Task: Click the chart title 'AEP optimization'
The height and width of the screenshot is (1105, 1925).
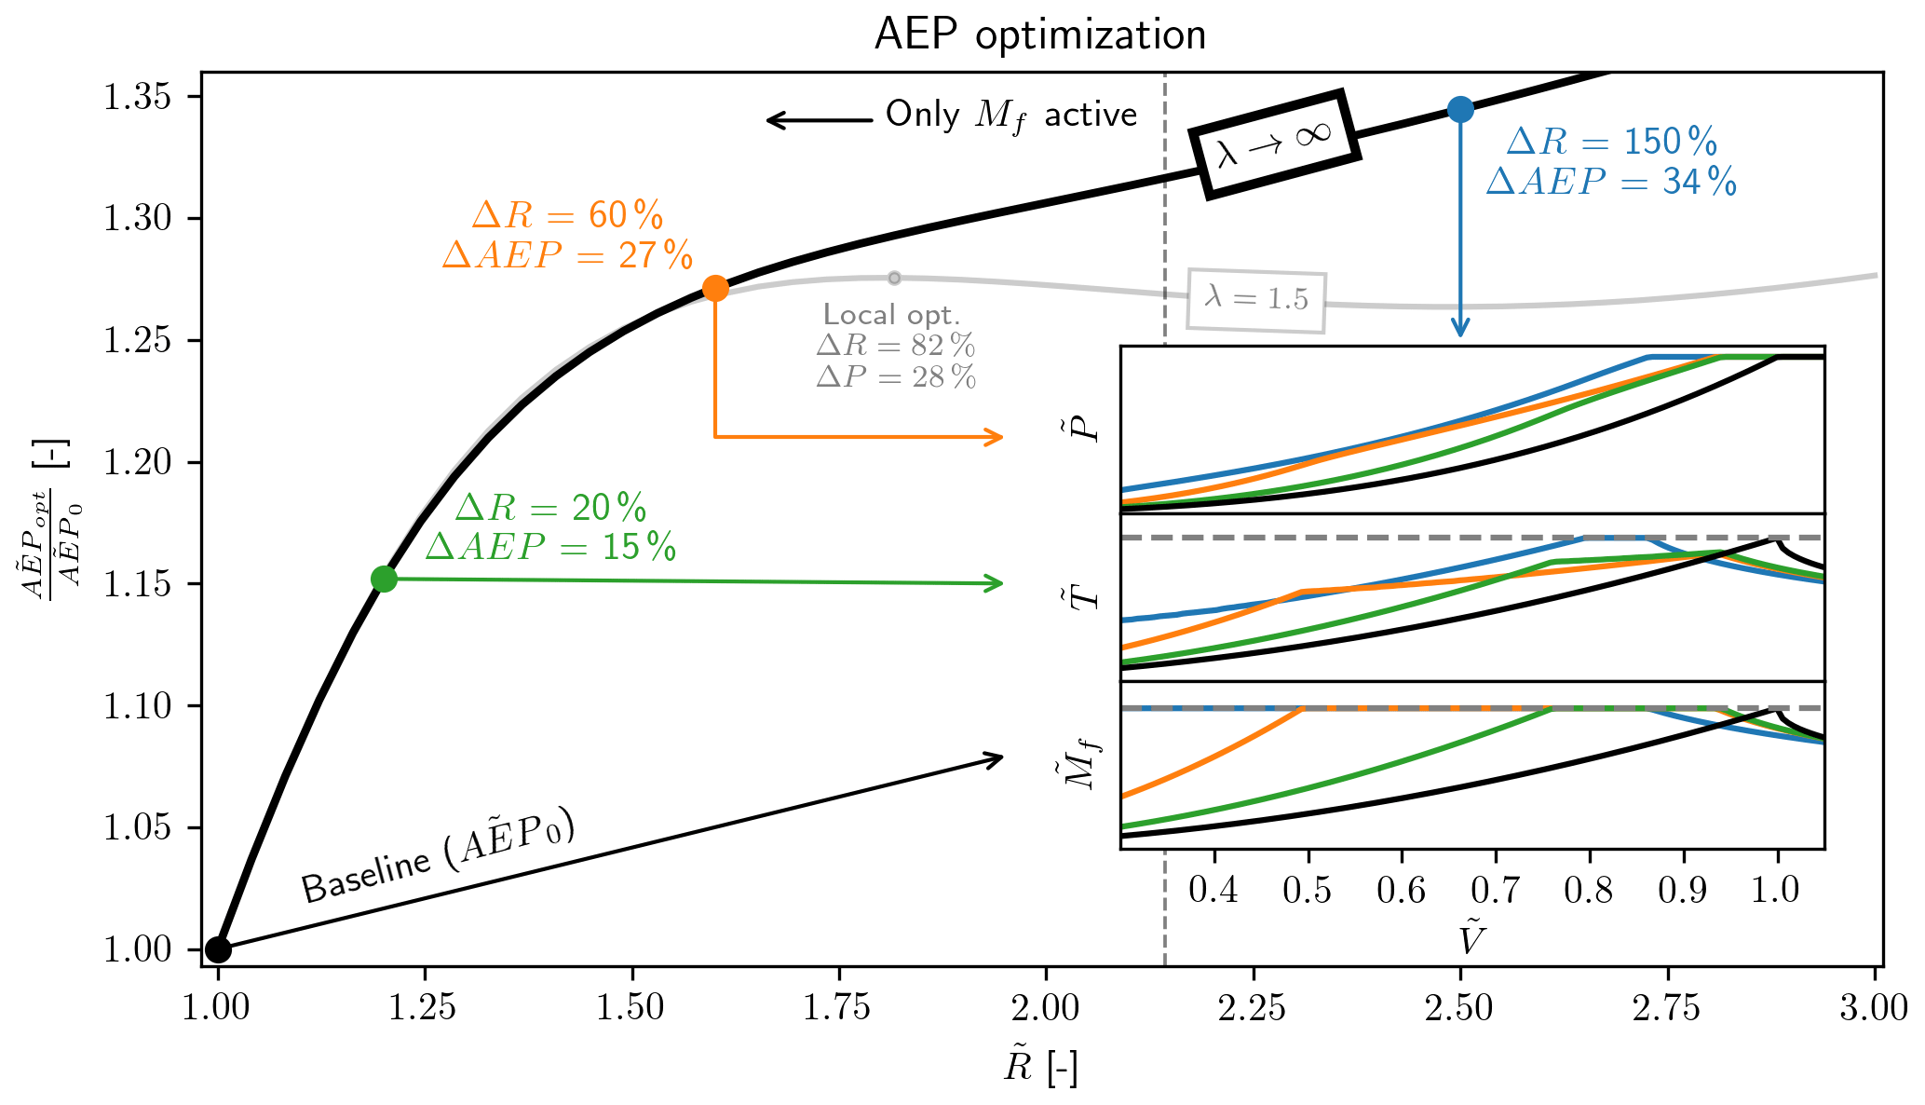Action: (1040, 35)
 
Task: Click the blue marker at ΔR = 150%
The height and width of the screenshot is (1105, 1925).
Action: (1460, 110)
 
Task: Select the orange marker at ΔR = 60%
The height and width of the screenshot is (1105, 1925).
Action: (714, 289)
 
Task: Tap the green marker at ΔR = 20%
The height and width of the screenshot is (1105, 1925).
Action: (384, 579)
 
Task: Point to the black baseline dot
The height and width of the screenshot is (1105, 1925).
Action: (218, 949)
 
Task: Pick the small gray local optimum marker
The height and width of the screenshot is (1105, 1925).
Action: (894, 278)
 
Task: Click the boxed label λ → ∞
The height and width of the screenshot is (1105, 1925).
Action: (1274, 143)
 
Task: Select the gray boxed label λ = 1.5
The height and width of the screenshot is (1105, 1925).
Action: (1256, 299)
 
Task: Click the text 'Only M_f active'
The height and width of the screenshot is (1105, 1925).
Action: (1010, 116)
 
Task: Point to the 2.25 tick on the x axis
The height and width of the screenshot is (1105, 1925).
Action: (1254, 1007)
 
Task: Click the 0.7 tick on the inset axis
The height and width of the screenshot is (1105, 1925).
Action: (1495, 890)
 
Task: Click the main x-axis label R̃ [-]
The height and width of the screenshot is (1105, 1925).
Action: (1040, 1067)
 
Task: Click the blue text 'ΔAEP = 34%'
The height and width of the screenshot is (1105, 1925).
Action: (1611, 182)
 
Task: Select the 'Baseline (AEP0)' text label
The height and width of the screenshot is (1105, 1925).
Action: (438, 860)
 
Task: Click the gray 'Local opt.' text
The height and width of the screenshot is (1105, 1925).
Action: (891, 315)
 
